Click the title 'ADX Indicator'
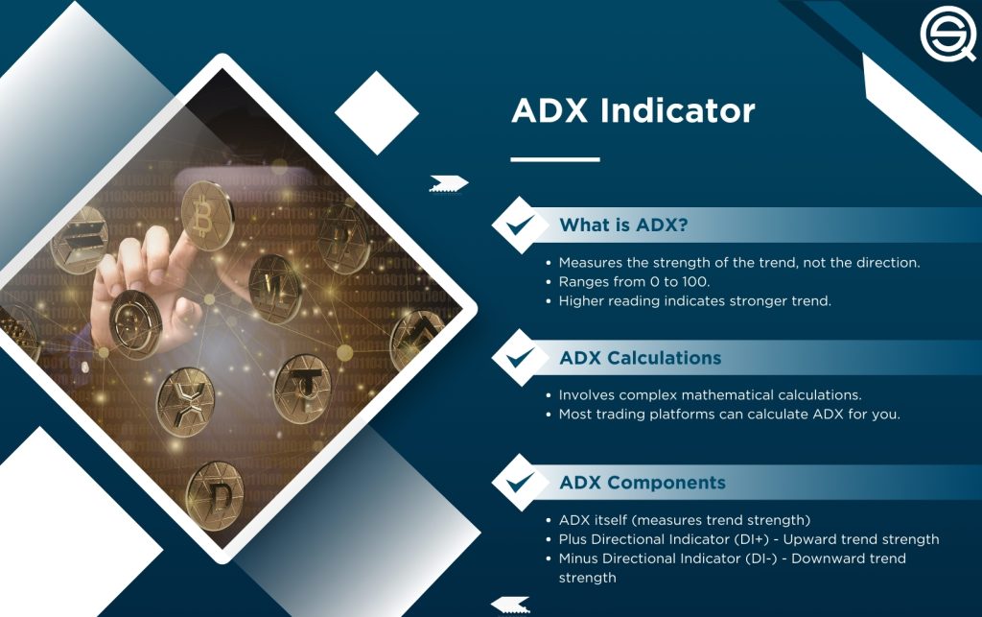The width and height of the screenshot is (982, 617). click(633, 110)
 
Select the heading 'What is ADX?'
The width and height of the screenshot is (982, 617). click(623, 226)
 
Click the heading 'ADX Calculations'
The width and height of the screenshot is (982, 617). click(640, 358)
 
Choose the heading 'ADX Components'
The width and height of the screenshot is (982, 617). click(643, 483)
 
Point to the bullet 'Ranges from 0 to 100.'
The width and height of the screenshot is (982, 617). click(633, 282)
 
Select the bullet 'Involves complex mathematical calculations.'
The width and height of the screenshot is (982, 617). click(710, 394)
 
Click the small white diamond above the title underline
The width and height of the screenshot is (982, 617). click(377, 113)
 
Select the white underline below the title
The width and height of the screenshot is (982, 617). click(554, 159)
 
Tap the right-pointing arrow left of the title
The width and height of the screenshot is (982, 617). click(447, 182)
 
